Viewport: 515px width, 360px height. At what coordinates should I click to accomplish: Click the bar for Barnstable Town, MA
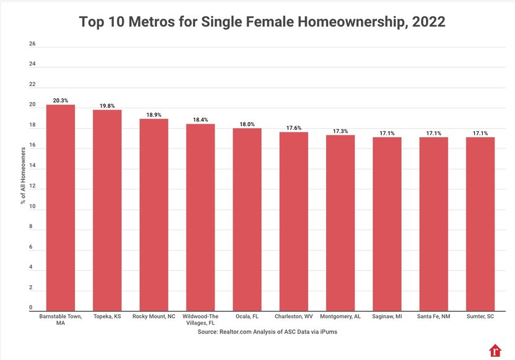61,208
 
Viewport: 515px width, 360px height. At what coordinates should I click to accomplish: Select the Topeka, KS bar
107,210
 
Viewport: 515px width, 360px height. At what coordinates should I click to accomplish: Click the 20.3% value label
61,100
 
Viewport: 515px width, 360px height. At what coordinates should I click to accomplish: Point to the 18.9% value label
154,114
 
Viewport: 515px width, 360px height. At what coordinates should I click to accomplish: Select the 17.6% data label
293,127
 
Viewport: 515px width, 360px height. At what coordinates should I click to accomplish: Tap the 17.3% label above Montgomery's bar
340,131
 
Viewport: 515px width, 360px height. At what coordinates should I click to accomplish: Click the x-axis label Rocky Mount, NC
154,316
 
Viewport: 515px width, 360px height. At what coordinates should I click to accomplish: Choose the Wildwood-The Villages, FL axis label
201,319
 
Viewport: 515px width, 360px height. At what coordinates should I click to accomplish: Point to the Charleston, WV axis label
293,316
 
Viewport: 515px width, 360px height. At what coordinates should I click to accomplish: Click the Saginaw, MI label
387,316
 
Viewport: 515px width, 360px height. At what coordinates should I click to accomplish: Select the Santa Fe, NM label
433,316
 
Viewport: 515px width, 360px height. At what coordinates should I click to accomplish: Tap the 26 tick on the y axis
32,44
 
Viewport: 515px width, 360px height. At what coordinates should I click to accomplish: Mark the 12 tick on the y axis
32,186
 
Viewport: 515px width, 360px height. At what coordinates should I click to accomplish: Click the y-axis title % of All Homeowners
23,176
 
